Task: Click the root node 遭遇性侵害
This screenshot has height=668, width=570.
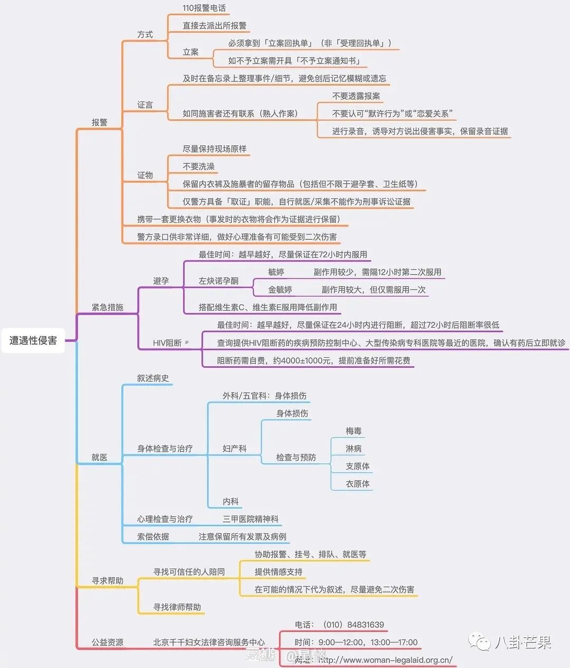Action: (x=33, y=340)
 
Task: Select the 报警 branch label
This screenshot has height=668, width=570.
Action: (x=99, y=122)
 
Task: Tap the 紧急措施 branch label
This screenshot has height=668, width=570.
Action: (x=107, y=307)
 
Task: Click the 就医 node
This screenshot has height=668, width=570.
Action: (x=99, y=457)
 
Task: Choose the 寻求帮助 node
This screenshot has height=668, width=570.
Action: (x=107, y=580)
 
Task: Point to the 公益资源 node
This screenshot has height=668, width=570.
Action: (x=107, y=642)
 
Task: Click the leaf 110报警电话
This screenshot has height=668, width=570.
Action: (x=204, y=8)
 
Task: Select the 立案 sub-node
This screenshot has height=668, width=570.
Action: (x=191, y=52)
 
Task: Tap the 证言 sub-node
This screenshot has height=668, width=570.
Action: (x=145, y=105)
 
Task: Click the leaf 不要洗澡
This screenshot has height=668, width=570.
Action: (x=198, y=166)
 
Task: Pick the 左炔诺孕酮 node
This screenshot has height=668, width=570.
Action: (x=218, y=281)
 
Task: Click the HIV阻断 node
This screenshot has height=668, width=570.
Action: (x=167, y=342)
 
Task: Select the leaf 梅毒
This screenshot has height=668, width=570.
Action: (x=354, y=431)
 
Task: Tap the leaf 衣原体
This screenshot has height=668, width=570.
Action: (x=357, y=484)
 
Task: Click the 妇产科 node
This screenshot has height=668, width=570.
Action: (x=234, y=448)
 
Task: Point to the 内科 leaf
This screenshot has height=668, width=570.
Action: (x=231, y=501)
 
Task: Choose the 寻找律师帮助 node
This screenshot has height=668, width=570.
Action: (x=177, y=607)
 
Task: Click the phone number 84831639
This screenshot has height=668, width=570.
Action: (x=366, y=625)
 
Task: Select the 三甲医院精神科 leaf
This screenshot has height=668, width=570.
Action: (x=250, y=519)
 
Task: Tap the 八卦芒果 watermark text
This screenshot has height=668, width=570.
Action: (x=522, y=642)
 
